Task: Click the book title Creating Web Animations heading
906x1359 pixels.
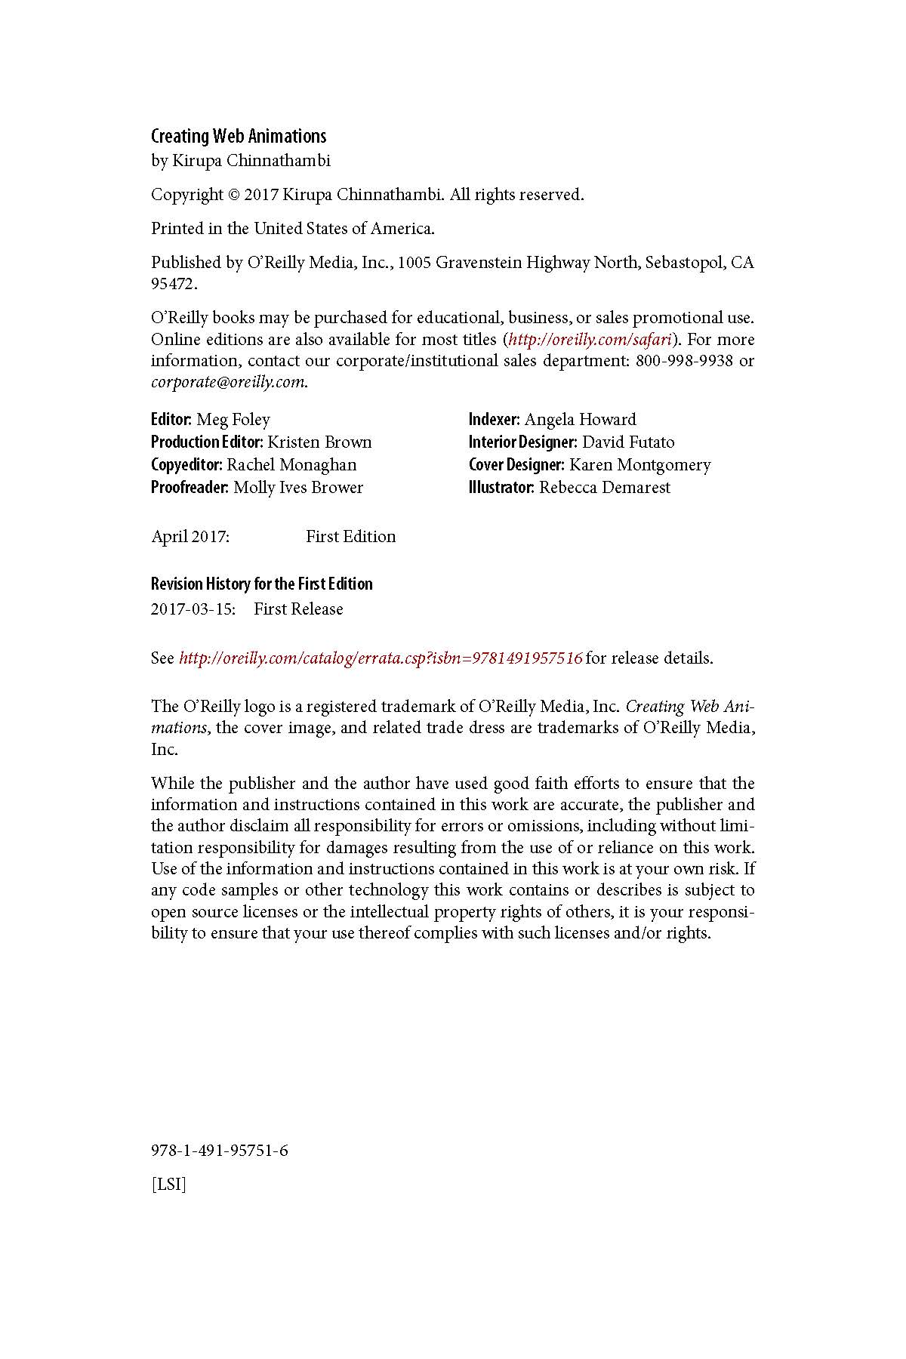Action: [239, 137]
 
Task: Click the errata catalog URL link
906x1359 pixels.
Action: [381, 658]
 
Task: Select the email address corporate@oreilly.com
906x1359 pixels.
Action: [228, 382]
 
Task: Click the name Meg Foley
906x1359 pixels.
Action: [233, 420]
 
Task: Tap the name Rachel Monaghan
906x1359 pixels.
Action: [291, 465]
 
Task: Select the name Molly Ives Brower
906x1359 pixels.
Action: [298, 488]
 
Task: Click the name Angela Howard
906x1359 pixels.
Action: [581, 420]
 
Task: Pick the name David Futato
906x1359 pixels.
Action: [628, 442]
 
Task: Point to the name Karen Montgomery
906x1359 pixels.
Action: [640, 465]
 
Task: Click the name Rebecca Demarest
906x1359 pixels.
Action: [605, 488]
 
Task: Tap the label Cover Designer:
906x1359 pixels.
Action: [516, 465]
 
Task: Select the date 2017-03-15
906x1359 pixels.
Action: [193, 609]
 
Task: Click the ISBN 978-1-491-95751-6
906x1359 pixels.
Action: [220, 1151]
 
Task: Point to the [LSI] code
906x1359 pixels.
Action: [168, 1185]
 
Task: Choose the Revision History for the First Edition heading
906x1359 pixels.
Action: [262, 584]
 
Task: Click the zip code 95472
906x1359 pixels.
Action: [174, 285]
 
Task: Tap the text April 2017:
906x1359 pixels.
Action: [190, 537]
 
